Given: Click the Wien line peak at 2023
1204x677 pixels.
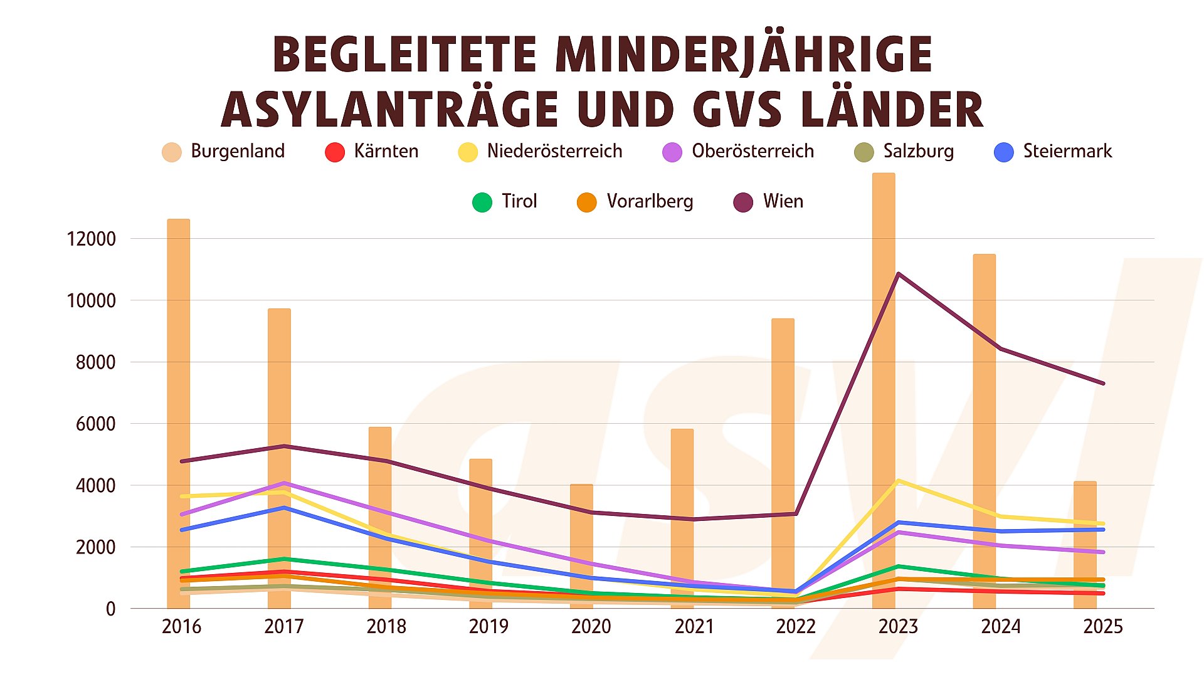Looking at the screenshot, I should (898, 274).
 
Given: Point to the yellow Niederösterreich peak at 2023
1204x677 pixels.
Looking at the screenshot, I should (898, 481).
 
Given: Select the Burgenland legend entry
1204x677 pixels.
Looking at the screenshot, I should (224, 152).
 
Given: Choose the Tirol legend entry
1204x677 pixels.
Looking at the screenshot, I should (505, 202).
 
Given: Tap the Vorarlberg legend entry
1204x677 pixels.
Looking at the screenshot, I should (635, 202).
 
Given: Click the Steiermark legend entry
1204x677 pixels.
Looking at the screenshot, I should (1053, 152).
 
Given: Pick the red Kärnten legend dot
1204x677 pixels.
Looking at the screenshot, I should (335, 152).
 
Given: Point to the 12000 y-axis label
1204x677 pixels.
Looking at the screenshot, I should (92, 239).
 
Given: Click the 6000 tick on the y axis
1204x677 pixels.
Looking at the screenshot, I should (96, 424).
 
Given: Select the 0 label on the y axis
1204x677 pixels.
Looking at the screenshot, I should (111, 609).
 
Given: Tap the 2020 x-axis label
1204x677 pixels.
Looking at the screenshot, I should (591, 627).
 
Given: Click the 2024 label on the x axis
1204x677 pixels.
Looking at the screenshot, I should (1001, 627).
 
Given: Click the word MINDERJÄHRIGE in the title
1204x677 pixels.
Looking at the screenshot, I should (744, 55).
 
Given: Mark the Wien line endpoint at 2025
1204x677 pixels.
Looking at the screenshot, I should (1103, 384).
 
